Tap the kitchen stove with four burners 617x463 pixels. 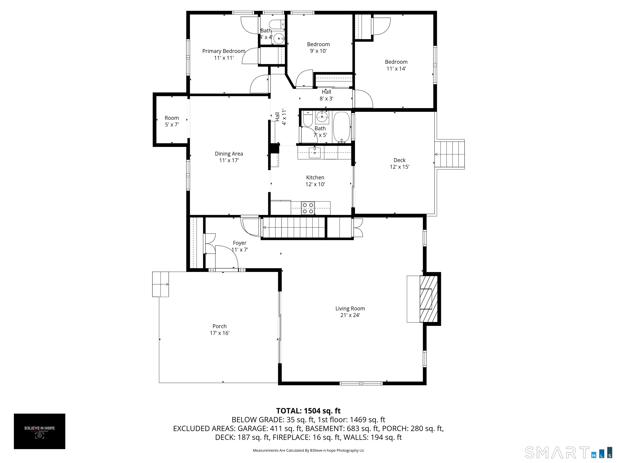pyautogui.click(x=308, y=208)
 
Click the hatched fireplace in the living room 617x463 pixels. pyautogui.click(x=429, y=299)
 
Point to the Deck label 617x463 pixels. pyautogui.click(x=399, y=160)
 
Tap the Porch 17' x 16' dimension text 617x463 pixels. pyautogui.click(x=220, y=333)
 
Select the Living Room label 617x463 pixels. pyautogui.click(x=350, y=308)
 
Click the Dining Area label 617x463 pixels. pyautogui.click(x=229, y=154)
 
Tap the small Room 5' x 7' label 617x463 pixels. pyautogui.click(x=172, y=118)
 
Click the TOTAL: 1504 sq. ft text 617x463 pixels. pyautogui.click(x=308, y=411)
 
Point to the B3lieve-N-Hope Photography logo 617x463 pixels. pyautogui.click(x=40, y=431)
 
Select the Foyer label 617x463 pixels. pyautogui.click(x=240, y=243)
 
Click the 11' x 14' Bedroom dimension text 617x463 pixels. pyautogui.click(x=396, y=69)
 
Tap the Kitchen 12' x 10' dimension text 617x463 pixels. pyautogui.click(x=315, y=184)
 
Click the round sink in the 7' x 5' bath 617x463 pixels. pyautogui.click(x=322, y=117)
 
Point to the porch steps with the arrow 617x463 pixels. pyautogui.click(x=161, y=284)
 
